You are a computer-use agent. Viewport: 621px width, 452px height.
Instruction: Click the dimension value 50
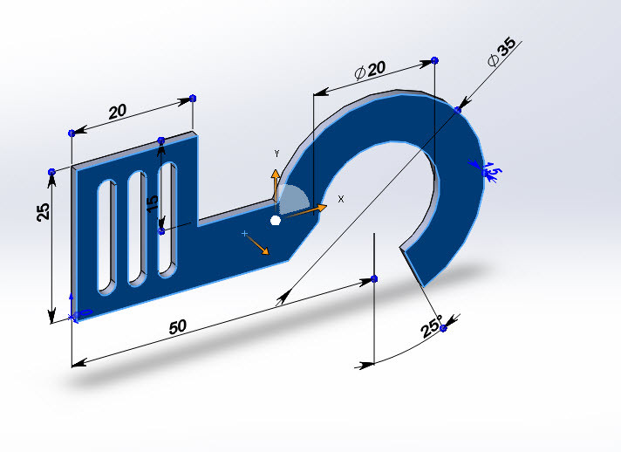coord(177,326)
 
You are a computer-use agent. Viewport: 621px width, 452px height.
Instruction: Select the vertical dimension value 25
coord(44,213)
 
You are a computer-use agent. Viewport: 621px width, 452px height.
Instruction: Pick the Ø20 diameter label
coord(370,71)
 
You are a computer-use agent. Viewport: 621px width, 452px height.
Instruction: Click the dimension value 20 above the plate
coord(117,112)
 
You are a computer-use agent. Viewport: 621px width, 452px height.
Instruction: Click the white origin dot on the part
coord(276,221)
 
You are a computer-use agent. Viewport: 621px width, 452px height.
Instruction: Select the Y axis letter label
coord(276,154)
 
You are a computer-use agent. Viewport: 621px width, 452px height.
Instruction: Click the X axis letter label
coord(340,199)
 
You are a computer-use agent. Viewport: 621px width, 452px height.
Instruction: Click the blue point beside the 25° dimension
coord(443,328)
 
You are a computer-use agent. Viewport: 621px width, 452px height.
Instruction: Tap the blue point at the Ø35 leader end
coord(458,110)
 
